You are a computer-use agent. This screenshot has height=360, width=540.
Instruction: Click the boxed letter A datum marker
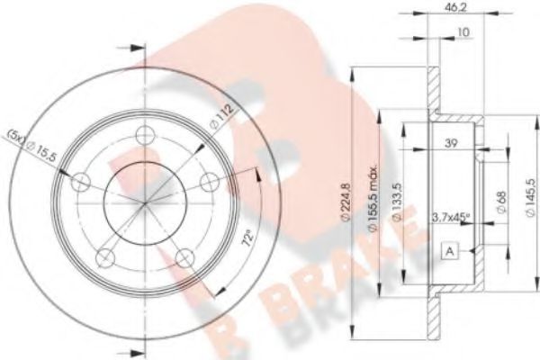[x=447, y=253]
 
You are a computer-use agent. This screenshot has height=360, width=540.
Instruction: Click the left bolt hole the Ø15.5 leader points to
[x=80, y=183]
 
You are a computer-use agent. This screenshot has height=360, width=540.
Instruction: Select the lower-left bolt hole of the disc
[x=105, y=255]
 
